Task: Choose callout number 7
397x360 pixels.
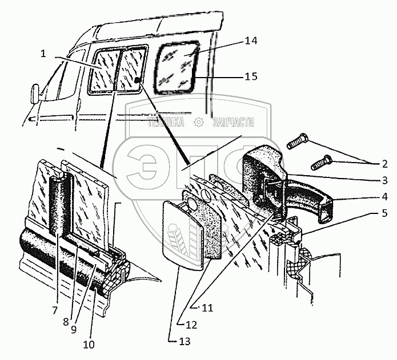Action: point(55,310)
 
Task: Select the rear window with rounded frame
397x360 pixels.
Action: point(178,66)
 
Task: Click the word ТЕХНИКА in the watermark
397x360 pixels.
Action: point(166,122)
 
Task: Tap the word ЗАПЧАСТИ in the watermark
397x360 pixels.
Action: point(232,122)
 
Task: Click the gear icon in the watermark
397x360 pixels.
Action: point(199,122)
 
